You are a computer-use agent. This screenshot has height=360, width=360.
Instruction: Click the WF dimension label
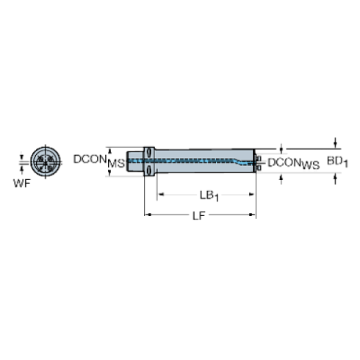coord(22,183)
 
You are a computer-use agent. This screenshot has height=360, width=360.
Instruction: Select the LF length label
coord(198,216)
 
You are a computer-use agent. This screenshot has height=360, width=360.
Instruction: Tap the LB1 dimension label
coord(209,196)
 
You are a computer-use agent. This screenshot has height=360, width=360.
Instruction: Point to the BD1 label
coord(337,162)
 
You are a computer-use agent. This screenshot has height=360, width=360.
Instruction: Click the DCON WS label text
coord(293,164)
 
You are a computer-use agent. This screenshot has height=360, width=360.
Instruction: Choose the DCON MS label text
coord(99,161)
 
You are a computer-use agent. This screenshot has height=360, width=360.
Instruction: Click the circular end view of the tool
coord(46,161)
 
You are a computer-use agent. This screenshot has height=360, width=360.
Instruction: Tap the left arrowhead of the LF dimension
coord(147,215)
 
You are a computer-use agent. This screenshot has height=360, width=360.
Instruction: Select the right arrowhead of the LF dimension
coord(253,215)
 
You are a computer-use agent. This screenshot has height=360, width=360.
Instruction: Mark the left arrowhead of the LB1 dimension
coord(161,195)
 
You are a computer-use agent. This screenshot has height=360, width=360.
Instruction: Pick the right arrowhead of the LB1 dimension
coord(252,195)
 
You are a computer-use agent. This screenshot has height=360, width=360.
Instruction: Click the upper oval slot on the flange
coord(148,153)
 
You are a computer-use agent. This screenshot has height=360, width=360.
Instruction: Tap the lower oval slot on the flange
coord(148,169)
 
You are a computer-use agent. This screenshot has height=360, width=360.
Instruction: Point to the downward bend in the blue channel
coord(237,162)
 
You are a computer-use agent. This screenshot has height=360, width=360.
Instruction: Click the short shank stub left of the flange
coord(134,161)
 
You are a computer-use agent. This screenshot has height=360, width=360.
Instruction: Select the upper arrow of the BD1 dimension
coord(335,143)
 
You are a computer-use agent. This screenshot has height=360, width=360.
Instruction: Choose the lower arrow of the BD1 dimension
coord(335,179)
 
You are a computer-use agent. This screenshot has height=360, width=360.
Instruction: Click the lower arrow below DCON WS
coord(281,179)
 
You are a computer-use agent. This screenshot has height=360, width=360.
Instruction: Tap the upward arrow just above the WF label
coord(22,170)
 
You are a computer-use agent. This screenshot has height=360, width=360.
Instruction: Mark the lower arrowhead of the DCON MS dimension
coord(109,173)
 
